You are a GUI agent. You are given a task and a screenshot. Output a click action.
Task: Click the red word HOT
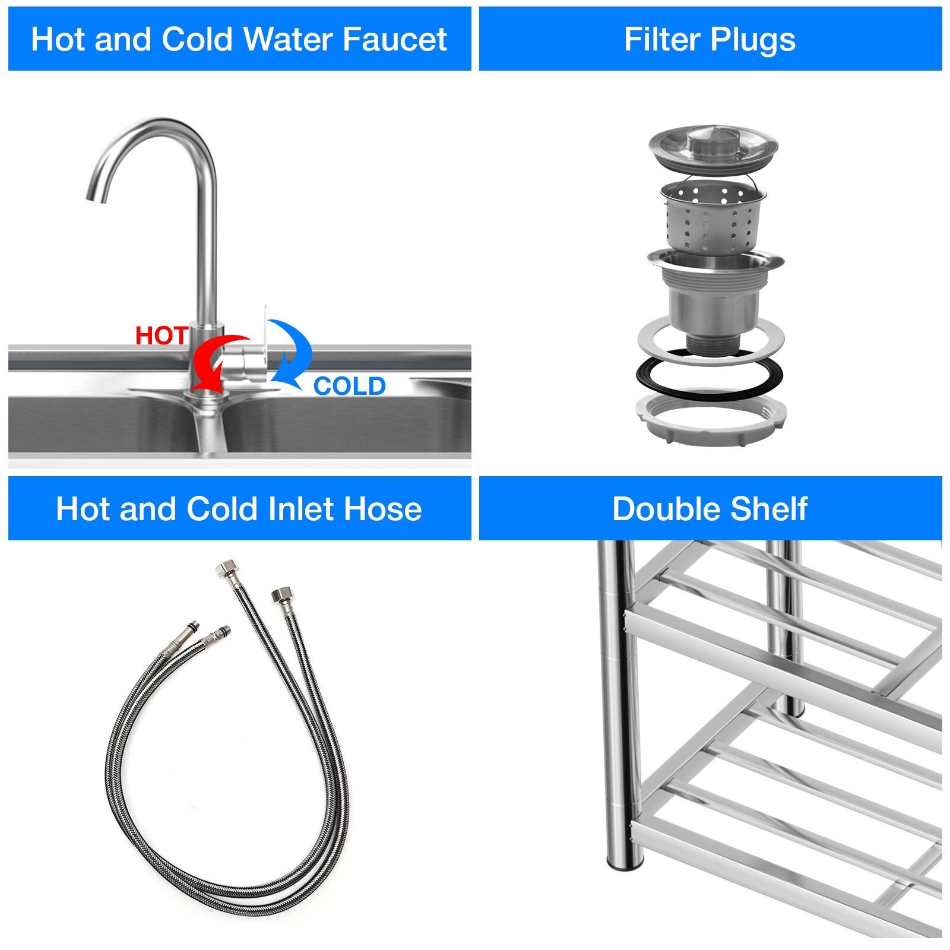pos(161,336)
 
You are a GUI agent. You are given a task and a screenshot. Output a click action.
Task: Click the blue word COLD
pos(350,387)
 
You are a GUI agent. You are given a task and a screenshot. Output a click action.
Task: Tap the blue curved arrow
pos(293,351)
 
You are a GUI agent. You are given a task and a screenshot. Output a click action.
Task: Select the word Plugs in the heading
pos(752,40)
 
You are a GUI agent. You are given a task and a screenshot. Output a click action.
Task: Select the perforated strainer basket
pos(712,217)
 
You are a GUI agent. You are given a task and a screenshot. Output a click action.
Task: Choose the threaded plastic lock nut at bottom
pos(711,418)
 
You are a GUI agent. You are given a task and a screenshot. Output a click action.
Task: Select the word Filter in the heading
pos(663,40)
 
